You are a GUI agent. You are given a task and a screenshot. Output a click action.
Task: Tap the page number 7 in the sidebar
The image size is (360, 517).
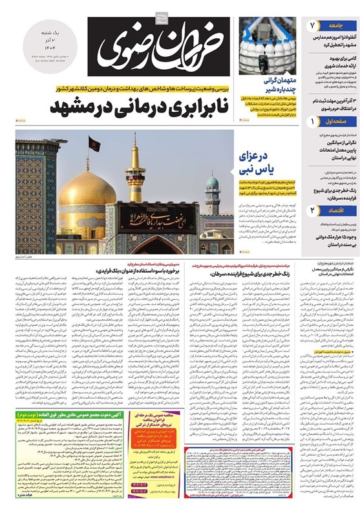click(311, 25)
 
